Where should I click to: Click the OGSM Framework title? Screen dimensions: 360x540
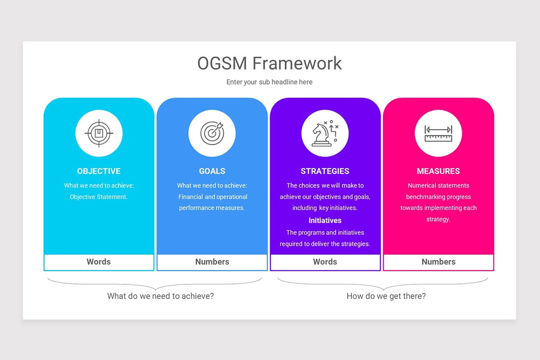click(x=269, y=63)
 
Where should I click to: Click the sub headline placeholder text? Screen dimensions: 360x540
click(x=269, y=82)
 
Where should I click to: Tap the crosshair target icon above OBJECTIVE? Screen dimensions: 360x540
click(x=99, y=133)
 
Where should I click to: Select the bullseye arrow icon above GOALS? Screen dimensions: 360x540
click(x=212, y=133)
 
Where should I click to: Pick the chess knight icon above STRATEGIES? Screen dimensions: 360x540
click(x=325, y=133)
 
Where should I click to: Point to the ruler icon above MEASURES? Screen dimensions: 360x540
click(x=438, y=133)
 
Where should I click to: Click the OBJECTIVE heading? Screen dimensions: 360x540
click(x=99, y=171)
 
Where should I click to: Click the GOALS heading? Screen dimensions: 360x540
click(x=212, y=171)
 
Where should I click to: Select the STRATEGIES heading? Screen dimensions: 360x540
click(x=325, y=171)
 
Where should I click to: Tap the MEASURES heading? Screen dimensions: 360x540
click(x=438, y=171)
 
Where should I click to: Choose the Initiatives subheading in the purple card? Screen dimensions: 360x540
click(x=325, y=220)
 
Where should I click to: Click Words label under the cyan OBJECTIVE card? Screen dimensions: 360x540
click(x=99, y=262)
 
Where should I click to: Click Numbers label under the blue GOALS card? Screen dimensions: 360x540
click(x=212, y=262)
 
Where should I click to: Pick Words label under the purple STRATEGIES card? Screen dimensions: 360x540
click(x=325, y=262)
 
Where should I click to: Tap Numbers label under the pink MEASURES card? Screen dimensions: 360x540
click(x=438, y=262)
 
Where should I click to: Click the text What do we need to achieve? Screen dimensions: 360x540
click(x=161, y=296)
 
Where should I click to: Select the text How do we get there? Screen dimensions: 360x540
click(x=386, y=296)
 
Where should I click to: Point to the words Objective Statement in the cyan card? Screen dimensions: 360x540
click(x=99, y=197)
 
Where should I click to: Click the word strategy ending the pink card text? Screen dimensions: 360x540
click(x=438, y=219)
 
